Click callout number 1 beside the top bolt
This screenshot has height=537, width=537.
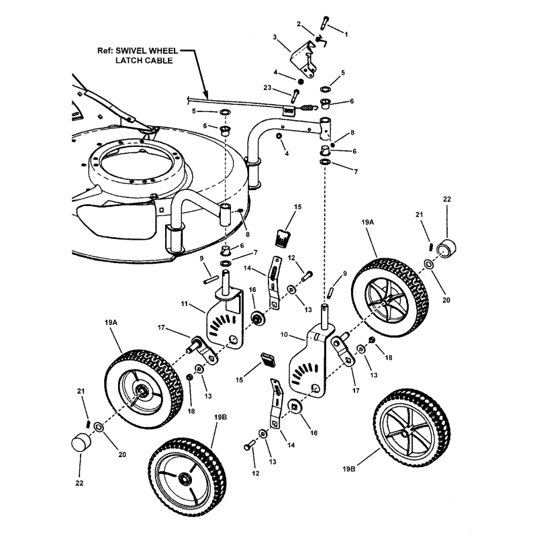[346, 32]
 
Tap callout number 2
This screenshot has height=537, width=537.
[299, 24]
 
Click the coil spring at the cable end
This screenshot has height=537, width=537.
[305, 107]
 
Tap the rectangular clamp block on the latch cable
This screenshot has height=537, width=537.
[289, 109]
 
